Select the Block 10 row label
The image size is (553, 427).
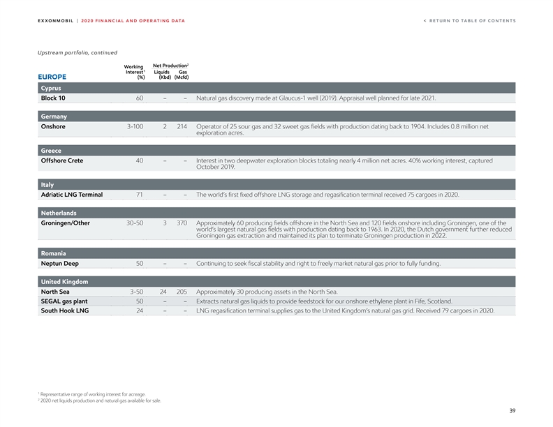[x=53, y=98]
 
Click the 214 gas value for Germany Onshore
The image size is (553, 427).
[x=183, y=127]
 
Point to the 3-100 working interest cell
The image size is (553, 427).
[x=135, y=127]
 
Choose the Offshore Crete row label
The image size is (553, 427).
[x=62, y=160]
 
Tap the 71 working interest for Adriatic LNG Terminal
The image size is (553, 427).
[x=140, y=194]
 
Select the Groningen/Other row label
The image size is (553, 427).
[x=65, y=223]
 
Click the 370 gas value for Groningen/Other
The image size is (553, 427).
[x=183, y=223]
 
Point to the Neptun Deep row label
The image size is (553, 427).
[x=59, y=264]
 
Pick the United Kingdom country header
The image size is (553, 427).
[x=64, y=281]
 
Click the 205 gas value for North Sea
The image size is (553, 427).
[x=183, y=292]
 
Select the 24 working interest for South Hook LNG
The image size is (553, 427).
[x=140, y=311]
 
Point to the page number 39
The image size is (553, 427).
[x=511, y=411]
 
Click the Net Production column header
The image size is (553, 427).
[x=171, y=65]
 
